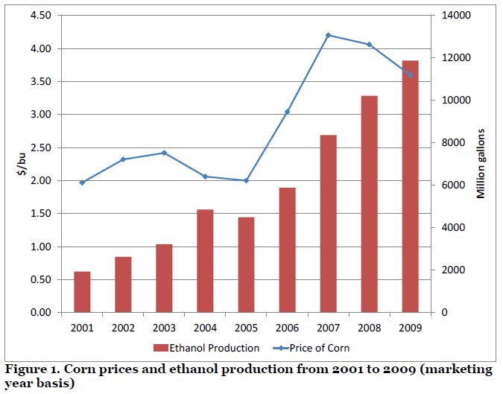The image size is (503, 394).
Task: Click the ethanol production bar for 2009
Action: [410, 186]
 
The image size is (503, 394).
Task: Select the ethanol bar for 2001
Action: [82, 292]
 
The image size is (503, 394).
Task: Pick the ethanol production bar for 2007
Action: [328, 223]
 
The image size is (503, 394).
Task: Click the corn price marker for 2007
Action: [328, 35]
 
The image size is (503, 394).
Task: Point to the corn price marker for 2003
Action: [164, 153]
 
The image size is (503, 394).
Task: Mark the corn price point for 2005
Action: [246, 180]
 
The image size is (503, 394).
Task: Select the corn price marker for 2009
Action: [410, 75]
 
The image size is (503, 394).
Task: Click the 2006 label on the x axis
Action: [287, 327]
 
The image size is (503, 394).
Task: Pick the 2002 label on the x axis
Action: [123, 327]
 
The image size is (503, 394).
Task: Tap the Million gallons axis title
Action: [481, 164]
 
